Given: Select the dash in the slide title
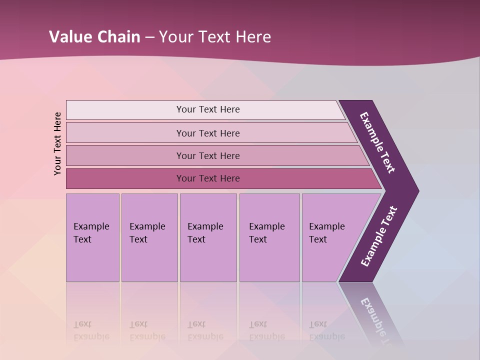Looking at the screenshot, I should pos(149,37).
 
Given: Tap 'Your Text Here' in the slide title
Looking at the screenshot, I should pos(215,37).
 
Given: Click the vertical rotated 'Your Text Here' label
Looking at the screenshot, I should pos(57,143).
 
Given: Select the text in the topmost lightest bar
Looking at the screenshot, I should pos(208,109).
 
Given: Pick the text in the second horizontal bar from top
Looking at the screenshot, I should pos(208,133).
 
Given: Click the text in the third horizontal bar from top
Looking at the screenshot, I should pos(208,156).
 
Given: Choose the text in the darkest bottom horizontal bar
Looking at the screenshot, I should pos(208,178).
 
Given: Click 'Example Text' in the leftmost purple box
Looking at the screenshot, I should pos(91,233).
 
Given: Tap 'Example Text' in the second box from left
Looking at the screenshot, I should pos(147,233).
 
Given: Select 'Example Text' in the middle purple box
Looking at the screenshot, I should pos(205,233).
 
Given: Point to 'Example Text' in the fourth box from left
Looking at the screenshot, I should pos(266,233).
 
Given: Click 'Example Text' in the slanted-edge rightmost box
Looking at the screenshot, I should pos(326,233).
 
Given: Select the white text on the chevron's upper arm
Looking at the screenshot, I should pos(377,142).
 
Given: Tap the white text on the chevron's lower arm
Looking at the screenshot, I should pos(379,236).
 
